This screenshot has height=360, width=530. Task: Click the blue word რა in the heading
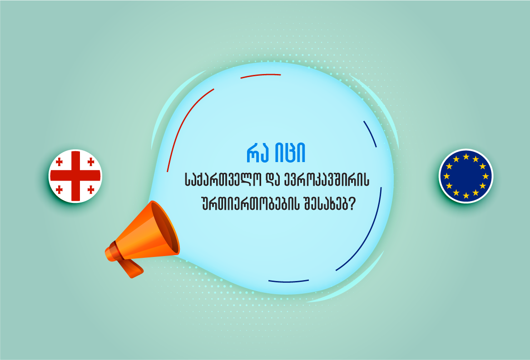258,155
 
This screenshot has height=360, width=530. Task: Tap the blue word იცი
290,155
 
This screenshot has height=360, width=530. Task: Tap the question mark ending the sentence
352,206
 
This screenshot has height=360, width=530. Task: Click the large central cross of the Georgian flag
75,176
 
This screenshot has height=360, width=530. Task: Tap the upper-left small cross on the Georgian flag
59,162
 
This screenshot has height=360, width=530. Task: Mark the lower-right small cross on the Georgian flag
90,190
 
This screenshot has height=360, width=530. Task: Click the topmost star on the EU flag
466,157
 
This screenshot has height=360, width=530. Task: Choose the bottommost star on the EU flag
466,196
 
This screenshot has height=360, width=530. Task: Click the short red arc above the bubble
260,76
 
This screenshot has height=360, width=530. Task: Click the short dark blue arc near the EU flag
371,134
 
